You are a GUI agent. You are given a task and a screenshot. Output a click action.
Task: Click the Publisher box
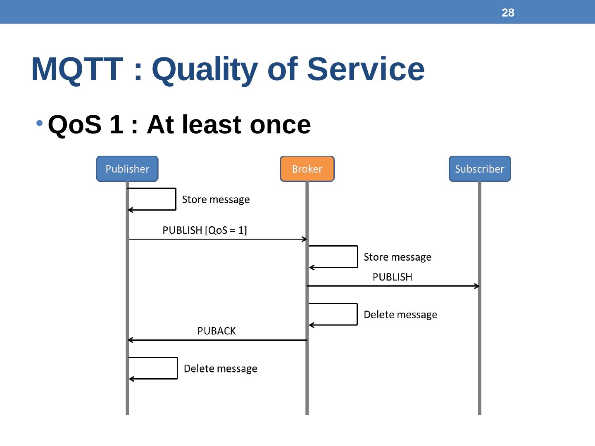[x=127, y=169]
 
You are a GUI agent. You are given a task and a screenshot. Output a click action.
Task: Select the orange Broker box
[x=307, y=169]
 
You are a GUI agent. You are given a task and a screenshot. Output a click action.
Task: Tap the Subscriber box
[x=480, y=169]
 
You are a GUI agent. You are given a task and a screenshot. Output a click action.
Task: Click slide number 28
[x=508, y=13]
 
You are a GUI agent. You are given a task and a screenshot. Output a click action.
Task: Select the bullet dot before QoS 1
[x=40, y=123]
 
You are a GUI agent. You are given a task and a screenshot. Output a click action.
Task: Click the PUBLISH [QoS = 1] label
[x=205, y=230]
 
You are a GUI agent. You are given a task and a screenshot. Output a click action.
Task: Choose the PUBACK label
[x=217, y=331]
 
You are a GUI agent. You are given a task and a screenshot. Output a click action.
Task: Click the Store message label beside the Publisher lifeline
[x=216, y=200]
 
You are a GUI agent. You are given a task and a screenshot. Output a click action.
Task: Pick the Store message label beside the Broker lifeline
[x=397, y=257]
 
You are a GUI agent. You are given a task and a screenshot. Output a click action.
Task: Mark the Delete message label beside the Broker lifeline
[x=400, y=315]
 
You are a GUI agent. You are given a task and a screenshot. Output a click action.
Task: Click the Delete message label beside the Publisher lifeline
[x=220, y=369]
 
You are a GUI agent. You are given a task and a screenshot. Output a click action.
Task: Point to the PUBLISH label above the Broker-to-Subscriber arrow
[x=392, y=277]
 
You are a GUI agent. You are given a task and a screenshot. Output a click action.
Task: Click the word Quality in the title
[x=205, y=69]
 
